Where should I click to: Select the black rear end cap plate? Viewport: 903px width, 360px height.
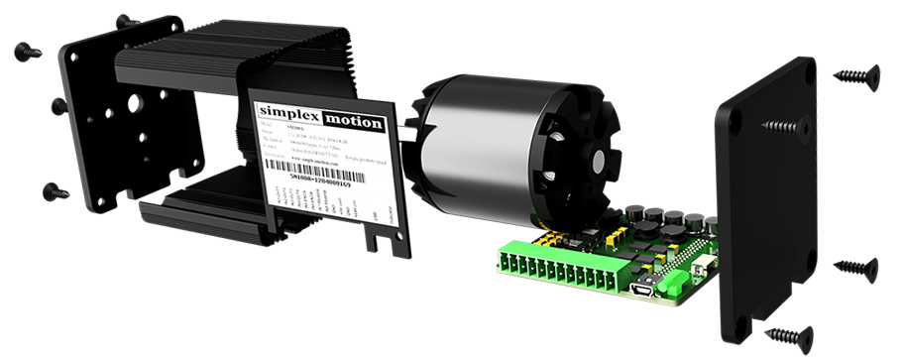coord(768,198)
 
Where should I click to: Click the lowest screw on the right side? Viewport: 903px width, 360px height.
coord(788,335)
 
